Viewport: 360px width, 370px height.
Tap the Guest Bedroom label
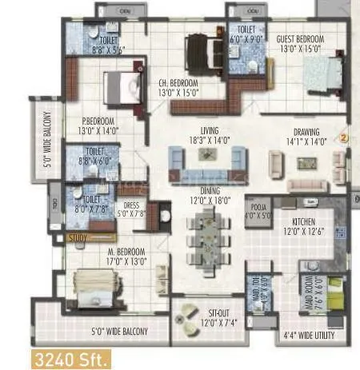[300, 42]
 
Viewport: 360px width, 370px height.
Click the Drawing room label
[306, 136]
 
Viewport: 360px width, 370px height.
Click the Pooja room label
[257, 209]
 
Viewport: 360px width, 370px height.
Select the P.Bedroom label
[97, 125]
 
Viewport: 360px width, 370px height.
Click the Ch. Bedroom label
[178, 86]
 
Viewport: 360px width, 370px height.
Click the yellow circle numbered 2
[345, 136]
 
